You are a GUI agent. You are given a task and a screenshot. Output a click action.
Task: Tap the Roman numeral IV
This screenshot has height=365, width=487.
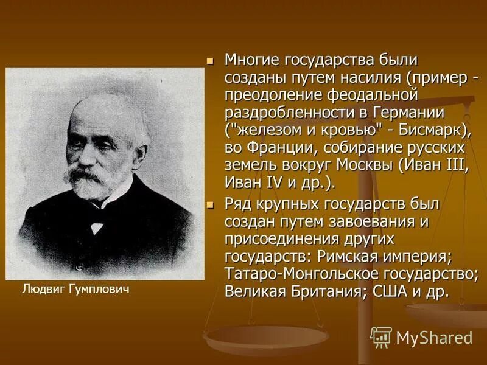[273, 183]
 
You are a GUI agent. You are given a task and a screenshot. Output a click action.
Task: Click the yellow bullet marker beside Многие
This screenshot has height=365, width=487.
[211, 62]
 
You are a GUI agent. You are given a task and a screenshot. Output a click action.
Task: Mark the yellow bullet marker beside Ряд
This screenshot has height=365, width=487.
[211, 205]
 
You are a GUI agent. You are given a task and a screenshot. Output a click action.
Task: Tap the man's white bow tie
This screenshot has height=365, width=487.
[97, 225]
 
